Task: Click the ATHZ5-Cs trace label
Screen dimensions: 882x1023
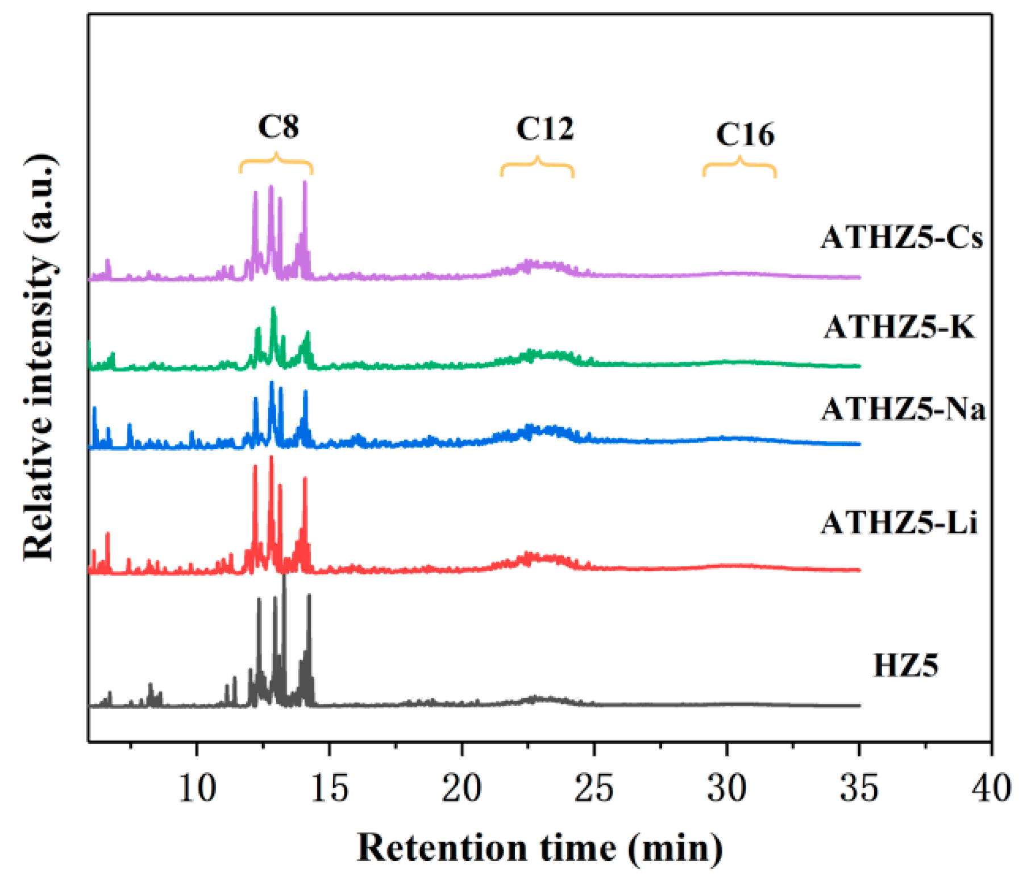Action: tap(901, 237)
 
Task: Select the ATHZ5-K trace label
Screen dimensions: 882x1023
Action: tap(899, 327)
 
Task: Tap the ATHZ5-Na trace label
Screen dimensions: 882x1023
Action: tap(903, 409)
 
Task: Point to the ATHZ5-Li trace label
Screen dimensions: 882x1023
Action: tap(899, 522)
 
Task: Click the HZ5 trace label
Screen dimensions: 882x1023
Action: tap(905, 665)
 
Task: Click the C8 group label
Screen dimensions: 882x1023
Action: tap(278, 126)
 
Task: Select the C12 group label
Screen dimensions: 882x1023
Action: tap(544, 129)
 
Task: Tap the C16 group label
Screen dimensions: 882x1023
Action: tap(745, 135)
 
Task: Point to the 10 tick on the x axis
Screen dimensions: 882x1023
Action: tap(197, 788)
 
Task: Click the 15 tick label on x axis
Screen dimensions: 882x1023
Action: tap(330, 788)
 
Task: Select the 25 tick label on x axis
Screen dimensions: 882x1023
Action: tap(594, 788)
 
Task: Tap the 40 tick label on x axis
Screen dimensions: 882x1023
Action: tap(991, 788)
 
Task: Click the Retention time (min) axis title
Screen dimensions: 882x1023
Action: tap(540, 848)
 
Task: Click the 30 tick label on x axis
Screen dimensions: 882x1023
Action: tap(726, 788)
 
